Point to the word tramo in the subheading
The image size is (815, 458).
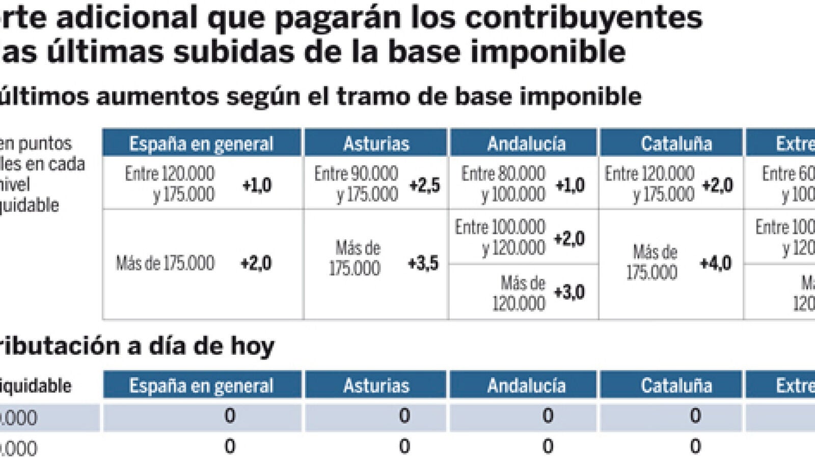coord(373,96)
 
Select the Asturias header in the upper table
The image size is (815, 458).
coord(376,144)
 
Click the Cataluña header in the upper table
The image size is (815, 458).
coord(676,144)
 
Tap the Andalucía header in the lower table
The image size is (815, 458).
coord(526,386)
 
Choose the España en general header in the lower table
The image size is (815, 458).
coord(201,386)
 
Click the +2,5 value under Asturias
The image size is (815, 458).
coord(424,185)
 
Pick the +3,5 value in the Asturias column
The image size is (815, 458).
coord(423,263)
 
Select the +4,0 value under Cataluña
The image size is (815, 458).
coord(716,263)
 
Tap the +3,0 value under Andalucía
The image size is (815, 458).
coord(569,292)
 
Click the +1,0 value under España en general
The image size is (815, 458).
coord(257,185)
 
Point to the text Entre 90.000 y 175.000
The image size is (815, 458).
coord(356,184)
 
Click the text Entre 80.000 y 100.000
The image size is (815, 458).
coord(503,184)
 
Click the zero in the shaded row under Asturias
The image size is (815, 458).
coord(404,416)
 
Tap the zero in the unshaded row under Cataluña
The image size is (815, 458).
coord(695,446)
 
